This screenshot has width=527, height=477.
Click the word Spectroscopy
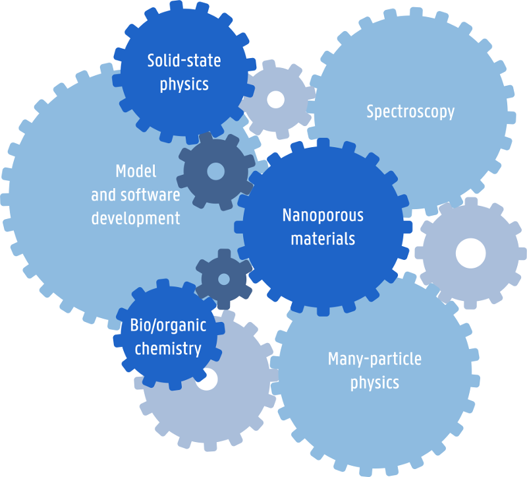pos(410,111)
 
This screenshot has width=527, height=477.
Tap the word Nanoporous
pos(323,216)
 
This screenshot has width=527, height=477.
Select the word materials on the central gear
pos(323,238)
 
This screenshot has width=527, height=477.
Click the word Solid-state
pos(184,61)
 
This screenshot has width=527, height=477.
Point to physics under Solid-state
pos(184,84)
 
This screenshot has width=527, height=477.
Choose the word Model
pos(136,172)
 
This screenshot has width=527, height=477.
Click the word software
pos(148,195)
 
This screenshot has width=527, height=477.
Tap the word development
pos(136,218)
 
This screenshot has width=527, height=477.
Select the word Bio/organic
pos(168,325)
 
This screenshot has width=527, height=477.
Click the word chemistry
pos(168,348)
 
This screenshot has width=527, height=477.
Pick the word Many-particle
pos(375,360)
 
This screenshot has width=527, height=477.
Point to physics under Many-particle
pos(375,383)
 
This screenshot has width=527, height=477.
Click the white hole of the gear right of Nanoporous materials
pos(470,252)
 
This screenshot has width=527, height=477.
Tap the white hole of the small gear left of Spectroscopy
pos(275,100)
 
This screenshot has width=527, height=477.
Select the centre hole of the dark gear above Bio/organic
pos(224,279)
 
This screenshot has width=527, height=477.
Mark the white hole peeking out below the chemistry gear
pos(207,381)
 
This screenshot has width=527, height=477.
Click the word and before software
pos(102,195)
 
